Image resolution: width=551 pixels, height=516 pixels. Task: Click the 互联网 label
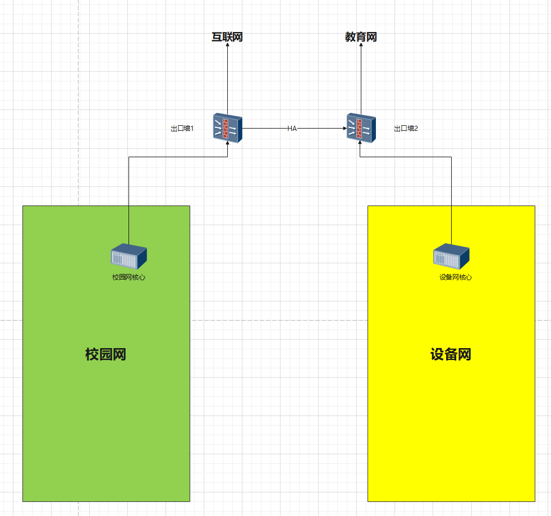pyautogui.click(x=227, y=37)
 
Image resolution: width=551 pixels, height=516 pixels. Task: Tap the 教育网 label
pyautogui.click(x=361, y=37)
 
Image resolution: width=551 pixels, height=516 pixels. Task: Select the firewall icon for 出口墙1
pyautogui.click(x=227, y=128)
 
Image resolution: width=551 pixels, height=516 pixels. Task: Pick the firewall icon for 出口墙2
pyautogui.click(x=361, y=128)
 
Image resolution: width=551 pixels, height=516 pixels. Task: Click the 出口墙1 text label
pyautogui.click(x=182, y=129)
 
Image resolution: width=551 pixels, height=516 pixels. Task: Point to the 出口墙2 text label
pyautogui.click(x=406, y=129)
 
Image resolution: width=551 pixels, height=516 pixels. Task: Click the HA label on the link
pyautogui.click(x=292, y=129)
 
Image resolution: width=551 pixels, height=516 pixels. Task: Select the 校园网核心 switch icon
pyautogui.click(x=128, y=257)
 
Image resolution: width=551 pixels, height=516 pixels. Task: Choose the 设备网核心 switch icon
pyautogui.click(x=451, y=257)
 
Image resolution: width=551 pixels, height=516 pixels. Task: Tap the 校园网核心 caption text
pyautogui.click(x=128, y=277)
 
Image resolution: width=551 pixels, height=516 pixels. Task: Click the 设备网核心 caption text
pyautogui.click(x=456, y=277)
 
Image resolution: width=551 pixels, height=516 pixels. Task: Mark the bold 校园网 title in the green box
pyautogui.click(x=105, y=354)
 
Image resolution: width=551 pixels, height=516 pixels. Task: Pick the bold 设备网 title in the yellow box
pyautogui.click(x=451, y=354)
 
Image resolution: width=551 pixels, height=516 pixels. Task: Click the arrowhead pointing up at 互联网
pyautogui.click(x=227, y=46)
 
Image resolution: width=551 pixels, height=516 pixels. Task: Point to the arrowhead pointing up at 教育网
pyautogui.click(x=361, y=46)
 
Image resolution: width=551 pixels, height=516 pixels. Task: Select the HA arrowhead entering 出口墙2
pyautogui.click(x=345, y=129)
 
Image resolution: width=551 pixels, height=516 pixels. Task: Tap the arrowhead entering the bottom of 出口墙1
pyautogui.click(x=227, y=143)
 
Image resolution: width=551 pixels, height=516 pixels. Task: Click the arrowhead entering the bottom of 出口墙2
pyautogui.click(x=360, y=143)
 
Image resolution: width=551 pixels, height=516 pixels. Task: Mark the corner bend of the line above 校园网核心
pyautogui.click(x=128, y=157)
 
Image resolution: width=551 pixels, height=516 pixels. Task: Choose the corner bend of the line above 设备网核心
pyautogui.click(x=451, y=157)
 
